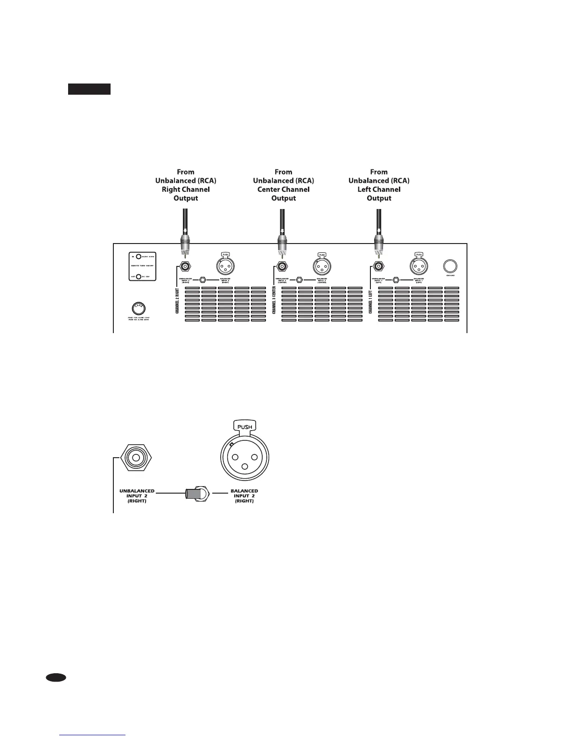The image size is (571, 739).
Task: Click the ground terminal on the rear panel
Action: [x=450, y=266]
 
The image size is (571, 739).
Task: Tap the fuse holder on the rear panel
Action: [x=138, y=308]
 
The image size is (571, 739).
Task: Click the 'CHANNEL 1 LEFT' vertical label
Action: [x=370, y=301]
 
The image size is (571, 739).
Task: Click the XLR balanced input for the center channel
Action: [x=322, y=266]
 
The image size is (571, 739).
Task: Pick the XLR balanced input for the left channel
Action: [x=418, y=266]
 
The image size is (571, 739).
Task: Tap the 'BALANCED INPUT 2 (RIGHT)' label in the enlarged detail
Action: [x=244, y=496]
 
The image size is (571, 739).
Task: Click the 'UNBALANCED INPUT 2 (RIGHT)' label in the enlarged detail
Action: [x=137, y=496]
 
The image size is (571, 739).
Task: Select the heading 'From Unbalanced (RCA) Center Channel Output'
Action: [x=283, y=185]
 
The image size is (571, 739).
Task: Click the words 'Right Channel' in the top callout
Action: [x=186, y=189]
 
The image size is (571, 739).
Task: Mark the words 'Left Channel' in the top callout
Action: [x=379, y=189]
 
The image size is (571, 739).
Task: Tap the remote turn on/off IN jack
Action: [x=139, y=257]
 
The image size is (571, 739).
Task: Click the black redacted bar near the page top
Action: [x=89, y=89]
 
